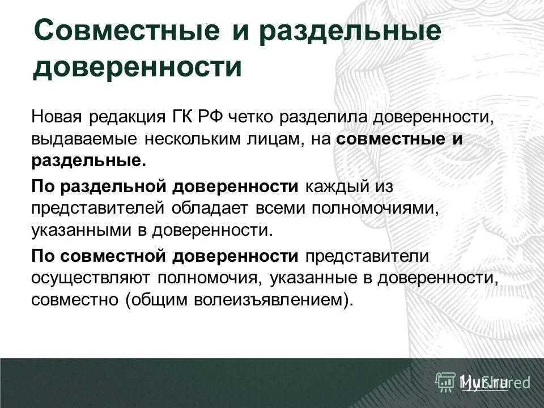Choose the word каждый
click(330, 186)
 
